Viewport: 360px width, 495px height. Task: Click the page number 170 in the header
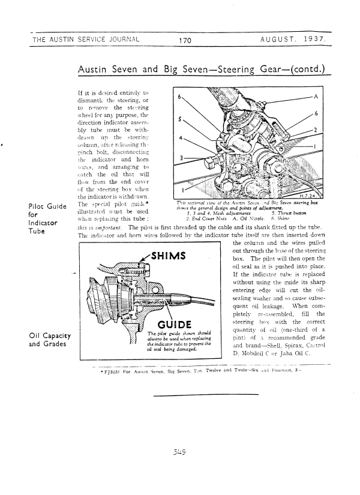coord(184,41)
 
